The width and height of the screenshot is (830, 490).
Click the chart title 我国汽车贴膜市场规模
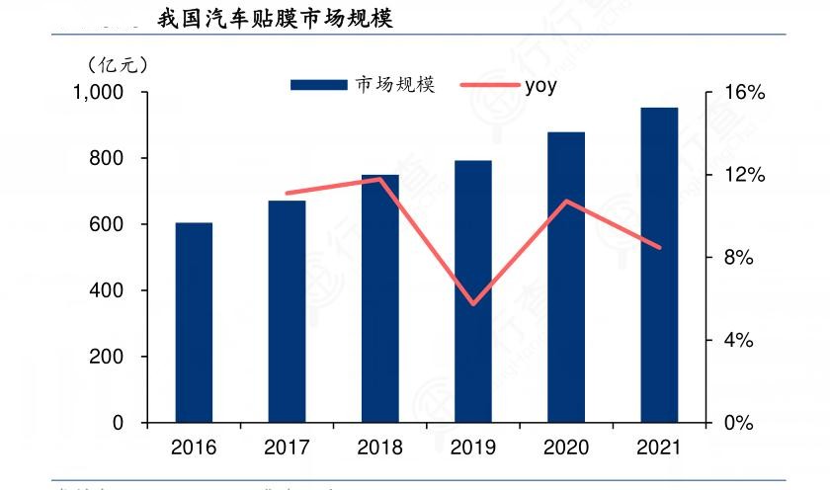pyautogui.click(x=275, y=18)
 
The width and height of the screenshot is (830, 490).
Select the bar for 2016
pyautogui.click(x=194, y=323)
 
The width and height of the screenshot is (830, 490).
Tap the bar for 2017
pyautogui.click(x=287, y=311)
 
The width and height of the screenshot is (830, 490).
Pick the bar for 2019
pyautogui.click(x=473, y=291)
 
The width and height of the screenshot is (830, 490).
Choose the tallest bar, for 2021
pyautogui.click(x=659, y=265)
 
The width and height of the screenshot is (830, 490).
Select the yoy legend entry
pyautogui.click(x=540, y=85)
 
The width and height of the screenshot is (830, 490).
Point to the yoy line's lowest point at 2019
pyautogui.click(x=473, y=304)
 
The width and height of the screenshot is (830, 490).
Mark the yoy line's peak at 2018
pyautogui.click(x=380, y=179)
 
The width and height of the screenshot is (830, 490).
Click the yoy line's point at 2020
pyautogui.click(x=566, y=202)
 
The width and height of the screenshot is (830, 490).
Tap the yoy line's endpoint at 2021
pyautogui.click(x=659, y=248)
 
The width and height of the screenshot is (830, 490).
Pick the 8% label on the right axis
pyautogui.click(x=736, y=258)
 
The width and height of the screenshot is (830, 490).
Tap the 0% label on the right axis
pyautogui.click(x=736, y=423)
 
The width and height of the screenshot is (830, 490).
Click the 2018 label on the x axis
pyautogui.click(x=380, y=448)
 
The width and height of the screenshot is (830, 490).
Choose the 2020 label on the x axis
pyautogui.click(x=566, y=448)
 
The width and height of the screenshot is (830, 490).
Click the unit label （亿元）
pyautogui.click(x=116, y=64)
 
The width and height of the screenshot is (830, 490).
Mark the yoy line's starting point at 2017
pyautogui.click(x=287, y=194)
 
